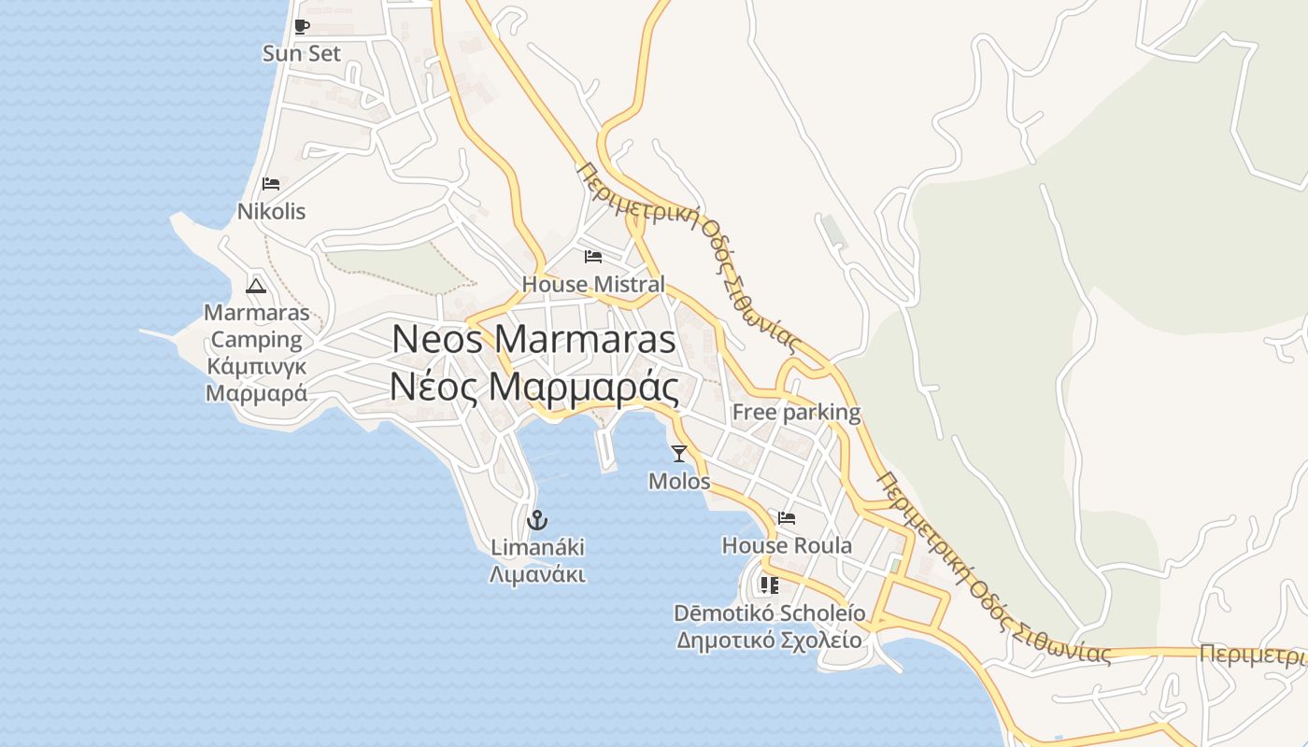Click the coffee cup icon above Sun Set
301,26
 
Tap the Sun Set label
302,53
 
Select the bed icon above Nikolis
271,184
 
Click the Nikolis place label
271,211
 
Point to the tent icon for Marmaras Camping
256,286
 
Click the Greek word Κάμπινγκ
256,365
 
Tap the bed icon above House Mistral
593,257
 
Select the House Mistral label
593,284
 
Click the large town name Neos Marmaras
533,338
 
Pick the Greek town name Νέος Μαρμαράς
533,385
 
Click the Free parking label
796,412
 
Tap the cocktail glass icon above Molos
679,454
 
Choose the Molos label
679,482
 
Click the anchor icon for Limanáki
537,520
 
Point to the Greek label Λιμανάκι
537,574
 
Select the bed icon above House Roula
787,518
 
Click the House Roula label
787,545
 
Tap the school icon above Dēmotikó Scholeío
769,585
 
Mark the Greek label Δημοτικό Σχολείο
769,641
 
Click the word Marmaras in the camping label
256,312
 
